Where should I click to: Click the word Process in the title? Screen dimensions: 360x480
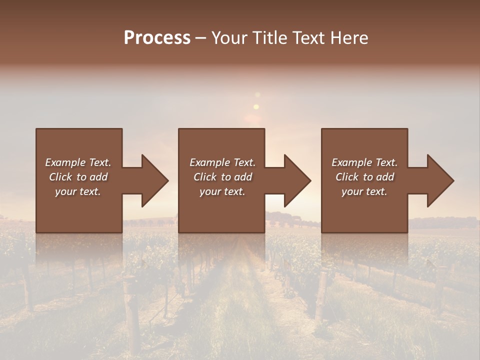157,38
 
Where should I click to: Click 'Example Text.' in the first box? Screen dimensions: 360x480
78,162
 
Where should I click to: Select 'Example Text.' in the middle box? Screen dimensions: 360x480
222,162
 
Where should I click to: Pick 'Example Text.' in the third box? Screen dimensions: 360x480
364,162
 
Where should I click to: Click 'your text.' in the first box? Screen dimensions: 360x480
78,191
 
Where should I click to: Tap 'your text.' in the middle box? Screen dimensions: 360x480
222,191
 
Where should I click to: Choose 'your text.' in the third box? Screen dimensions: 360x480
364,191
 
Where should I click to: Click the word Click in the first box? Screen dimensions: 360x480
60,177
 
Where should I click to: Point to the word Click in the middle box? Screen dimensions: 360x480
205,177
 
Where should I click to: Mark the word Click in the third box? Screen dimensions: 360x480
347,177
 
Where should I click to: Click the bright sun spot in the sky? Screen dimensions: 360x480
256,106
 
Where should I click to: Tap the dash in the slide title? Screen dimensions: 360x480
201,38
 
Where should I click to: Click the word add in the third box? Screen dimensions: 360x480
385,177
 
